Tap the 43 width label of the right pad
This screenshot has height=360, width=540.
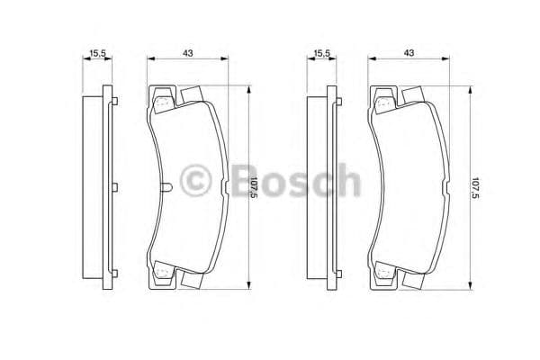pos(409,54)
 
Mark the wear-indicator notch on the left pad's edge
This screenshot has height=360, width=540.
pos(170,187)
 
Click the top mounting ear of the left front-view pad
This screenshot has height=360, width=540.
pos(162,100)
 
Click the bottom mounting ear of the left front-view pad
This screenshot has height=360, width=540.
pos(162,274)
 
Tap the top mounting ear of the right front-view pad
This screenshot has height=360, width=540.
pos(384,100)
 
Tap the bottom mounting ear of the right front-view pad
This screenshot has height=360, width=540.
pos(384,274)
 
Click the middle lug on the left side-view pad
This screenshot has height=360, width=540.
pos(114,187)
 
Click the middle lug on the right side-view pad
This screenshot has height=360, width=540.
pos(337,187)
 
